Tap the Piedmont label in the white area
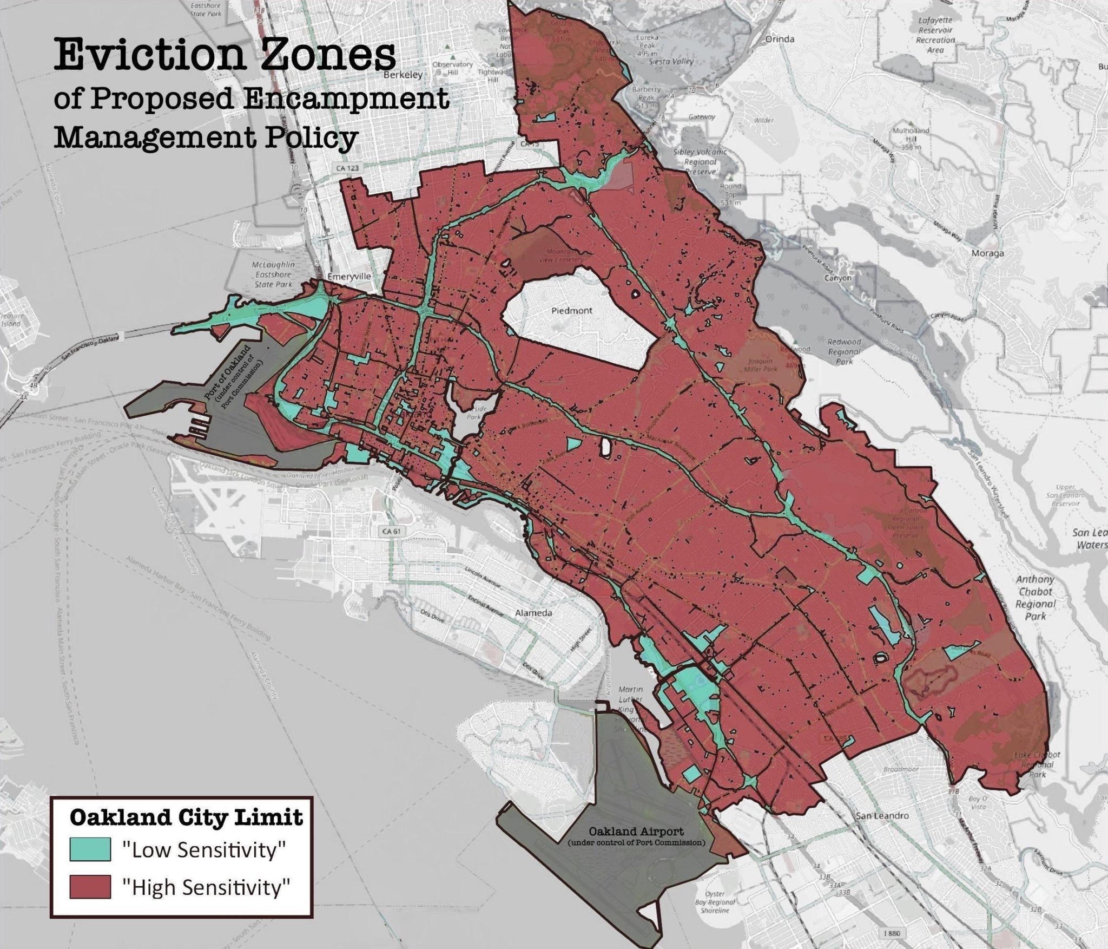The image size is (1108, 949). pyautogui.click(x=572, y=311)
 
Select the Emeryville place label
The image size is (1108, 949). pyautogui.click(x=352, y=276)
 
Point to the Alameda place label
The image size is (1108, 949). pyautogui.click(x=533, y=613)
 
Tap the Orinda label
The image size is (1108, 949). pyautogui.click(x=780, y=39)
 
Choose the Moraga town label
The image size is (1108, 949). pyautogui.click(x=987, y=253)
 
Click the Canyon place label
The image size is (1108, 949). pyautogui.click(x=837, y=278)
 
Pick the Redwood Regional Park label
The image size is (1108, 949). pyautogui.click(x=844, y=351)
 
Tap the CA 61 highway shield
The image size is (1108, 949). pyautogui.click(x=391, y=531)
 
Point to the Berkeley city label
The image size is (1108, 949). pyautogui.click(x=403, y=75)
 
